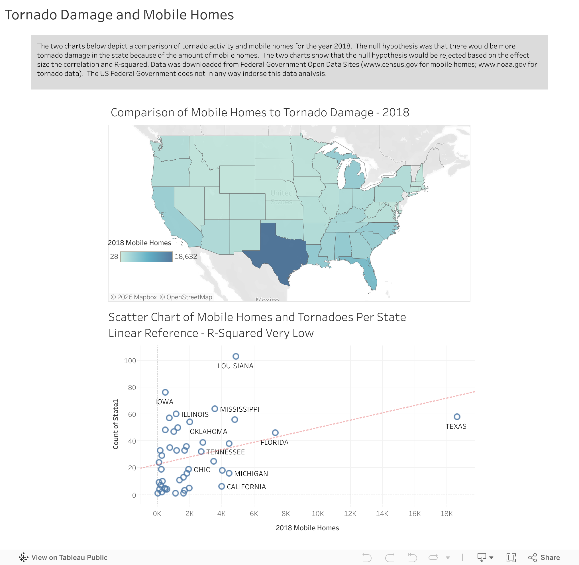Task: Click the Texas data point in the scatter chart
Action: [x=457, y=417]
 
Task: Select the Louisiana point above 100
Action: [x=236, y=356]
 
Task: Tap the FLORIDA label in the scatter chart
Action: [x=274, y=442]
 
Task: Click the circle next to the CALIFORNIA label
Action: [x=222, y=486]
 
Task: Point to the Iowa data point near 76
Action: [x=165, y=392]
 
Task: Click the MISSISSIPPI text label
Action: [x=240, y=409]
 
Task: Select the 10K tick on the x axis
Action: [x=318, y=514]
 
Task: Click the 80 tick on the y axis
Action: [x=132, y=388]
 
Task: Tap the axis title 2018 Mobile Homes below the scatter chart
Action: [x=307, y=528]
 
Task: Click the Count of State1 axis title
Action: [x=115, y=424]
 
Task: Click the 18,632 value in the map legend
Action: [x=186, y=256]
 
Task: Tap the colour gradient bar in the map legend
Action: [x=146, y=257]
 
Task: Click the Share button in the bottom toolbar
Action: [x=544, y=557]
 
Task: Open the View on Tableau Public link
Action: [x=63, y=557]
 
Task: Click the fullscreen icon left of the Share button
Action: [x=511, y=557]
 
